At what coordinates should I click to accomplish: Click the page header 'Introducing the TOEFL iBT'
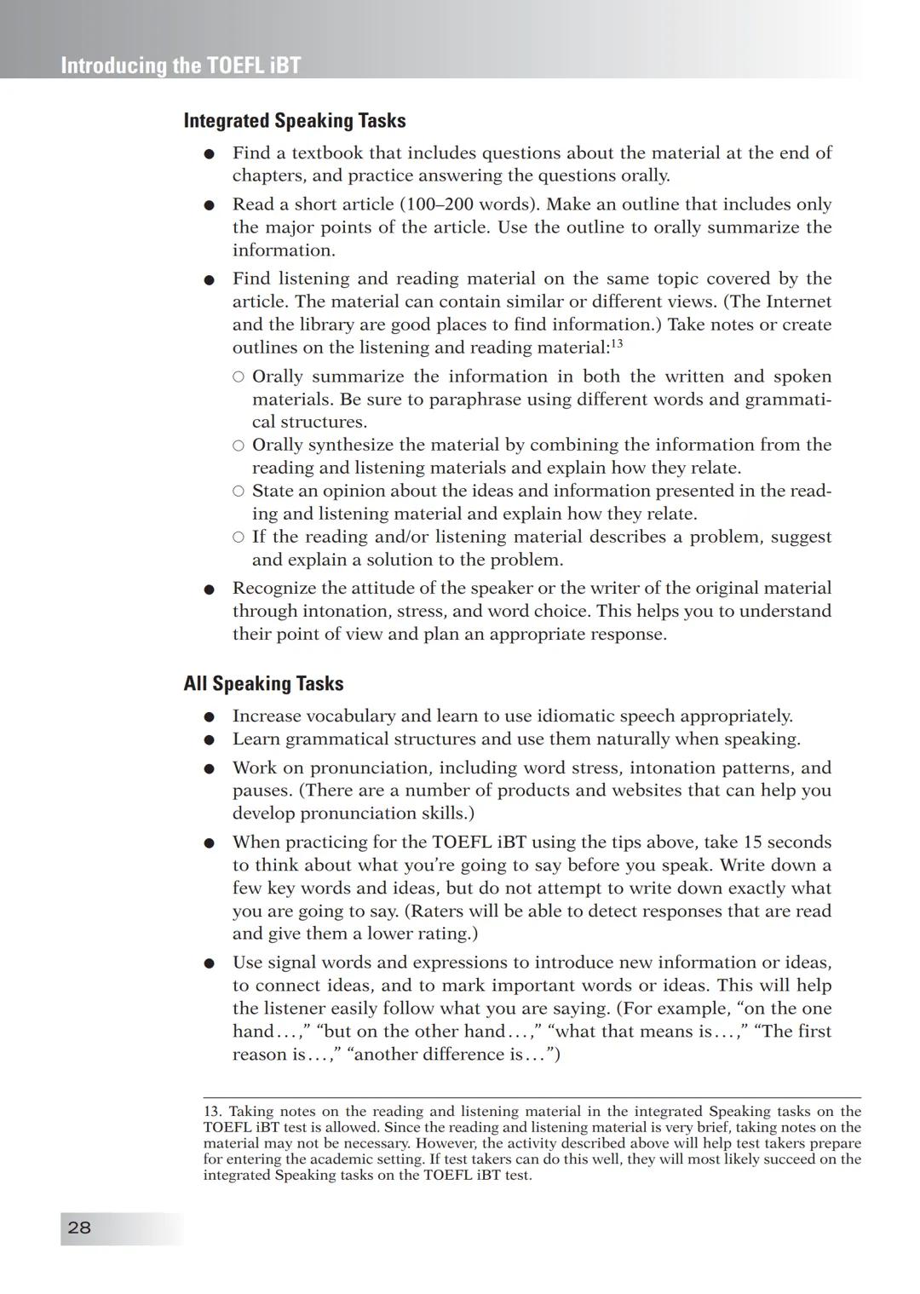[181, 66]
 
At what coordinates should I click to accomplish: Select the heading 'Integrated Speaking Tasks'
[295, 121]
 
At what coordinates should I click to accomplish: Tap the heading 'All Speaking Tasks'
[263, 684]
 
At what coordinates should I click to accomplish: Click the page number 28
[79, 1228]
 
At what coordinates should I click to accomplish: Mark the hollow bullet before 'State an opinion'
[239, 491]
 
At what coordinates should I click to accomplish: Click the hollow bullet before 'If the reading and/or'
[239, 537]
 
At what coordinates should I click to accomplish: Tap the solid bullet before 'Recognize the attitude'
[209, 589]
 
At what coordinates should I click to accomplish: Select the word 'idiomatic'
[552, 716]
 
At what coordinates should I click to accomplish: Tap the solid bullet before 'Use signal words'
[209, 963]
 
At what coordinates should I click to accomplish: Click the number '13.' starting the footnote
[213, 1112]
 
